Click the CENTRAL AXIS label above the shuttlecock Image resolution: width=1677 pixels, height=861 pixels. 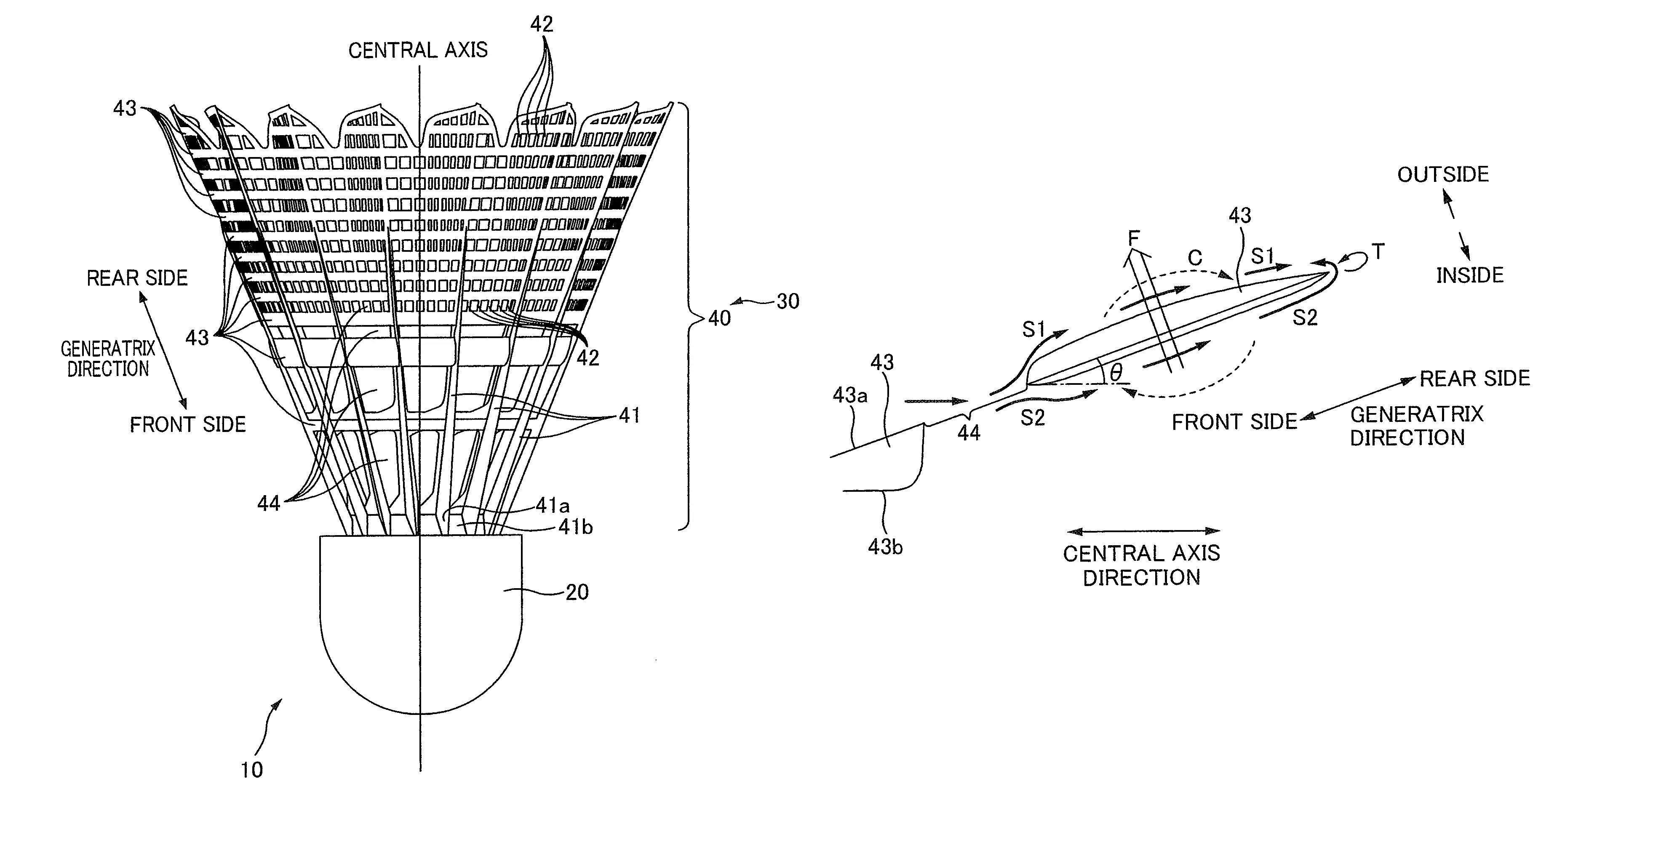[418, 50]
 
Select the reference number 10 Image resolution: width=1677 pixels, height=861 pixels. [251, 770]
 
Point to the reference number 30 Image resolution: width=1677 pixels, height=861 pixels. [788, 301]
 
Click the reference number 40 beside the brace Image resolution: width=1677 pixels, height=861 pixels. [719, 318]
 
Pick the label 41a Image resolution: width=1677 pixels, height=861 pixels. [553, 505]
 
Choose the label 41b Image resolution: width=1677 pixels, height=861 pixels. [575, 526]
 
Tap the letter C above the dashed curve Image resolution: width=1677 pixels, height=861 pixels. [1195, 259]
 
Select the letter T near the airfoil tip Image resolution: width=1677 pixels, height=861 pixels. [1378, 252]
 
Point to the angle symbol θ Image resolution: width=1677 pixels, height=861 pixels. [1116, 373]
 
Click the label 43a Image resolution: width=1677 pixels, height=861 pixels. [849, 395]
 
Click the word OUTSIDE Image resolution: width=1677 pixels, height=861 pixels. [1443, 174]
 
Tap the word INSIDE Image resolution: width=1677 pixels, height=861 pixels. [1470, 275]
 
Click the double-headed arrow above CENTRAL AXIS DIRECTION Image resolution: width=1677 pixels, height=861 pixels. [1143, 531]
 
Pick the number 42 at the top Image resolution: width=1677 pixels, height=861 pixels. [541, 24]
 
